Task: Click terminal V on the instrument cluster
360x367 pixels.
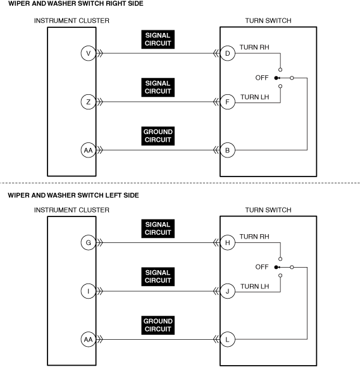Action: [88, 53]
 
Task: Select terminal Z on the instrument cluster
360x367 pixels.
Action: [88, 102]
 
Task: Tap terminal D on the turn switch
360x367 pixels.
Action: [227, 53]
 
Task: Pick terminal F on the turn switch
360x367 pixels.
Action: [227, 102]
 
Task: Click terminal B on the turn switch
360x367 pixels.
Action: [227, 150]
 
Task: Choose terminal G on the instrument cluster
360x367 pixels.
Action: [88, 243]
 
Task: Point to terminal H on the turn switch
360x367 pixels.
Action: [227, 243]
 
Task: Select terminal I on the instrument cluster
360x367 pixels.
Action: [88, 291]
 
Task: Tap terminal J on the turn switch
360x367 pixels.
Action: [227, 291]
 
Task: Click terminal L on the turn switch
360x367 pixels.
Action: [227, 339]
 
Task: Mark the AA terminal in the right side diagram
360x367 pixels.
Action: [88, 150]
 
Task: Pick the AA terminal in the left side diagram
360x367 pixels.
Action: [88, 339]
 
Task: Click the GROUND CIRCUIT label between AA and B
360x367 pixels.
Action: [158, 136]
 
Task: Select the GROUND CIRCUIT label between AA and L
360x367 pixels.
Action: [158, 325]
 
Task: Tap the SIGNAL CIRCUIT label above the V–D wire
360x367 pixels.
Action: [158, 39]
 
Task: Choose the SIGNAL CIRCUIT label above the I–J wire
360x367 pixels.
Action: [158, 277]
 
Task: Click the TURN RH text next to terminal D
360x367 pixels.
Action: [254, 47]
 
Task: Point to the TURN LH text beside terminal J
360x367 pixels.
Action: [255, 287]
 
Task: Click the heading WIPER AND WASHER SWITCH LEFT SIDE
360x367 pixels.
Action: [73, 196]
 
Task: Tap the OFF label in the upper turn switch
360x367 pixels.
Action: [262, 78]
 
